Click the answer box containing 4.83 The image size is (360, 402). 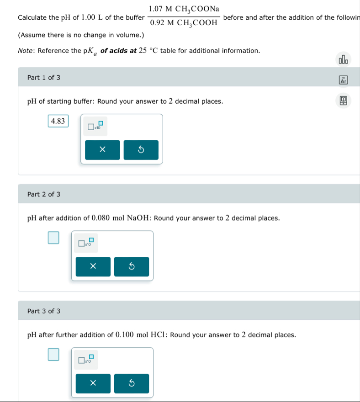(x=58, y=121)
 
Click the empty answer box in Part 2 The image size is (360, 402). (x=53, y=238)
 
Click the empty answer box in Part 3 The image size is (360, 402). (x=53, y=354)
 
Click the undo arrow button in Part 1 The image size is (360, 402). (x=141, y=150)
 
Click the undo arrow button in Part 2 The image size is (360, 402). (x=131, y=267)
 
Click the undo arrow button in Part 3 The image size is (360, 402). (x=131, y=384)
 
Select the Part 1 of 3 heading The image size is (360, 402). (x=44, y=78)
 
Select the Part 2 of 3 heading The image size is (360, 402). (x=44, y=195)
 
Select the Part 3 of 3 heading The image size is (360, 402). (x=44, y=311)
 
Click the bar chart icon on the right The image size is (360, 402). (x=343, y=60)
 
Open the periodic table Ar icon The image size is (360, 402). (x=343, y=80)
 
